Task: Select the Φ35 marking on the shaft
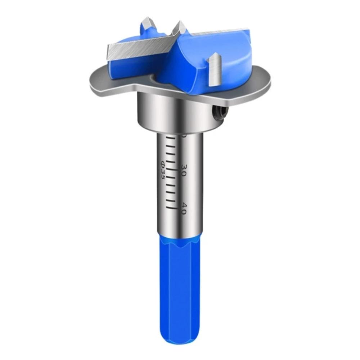(x=163, y=170)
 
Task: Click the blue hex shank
(x=178, y=281)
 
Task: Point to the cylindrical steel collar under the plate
(x=173, y=112)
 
